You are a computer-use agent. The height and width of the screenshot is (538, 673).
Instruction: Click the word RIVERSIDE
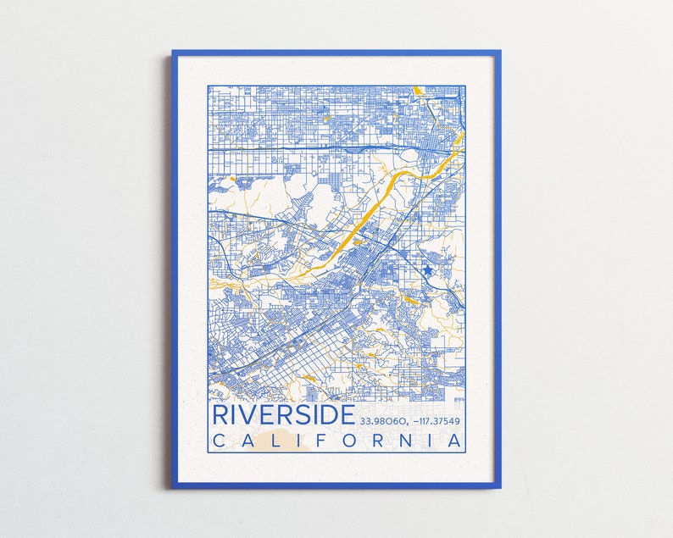(283, 415)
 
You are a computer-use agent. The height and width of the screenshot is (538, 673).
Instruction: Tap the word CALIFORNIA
(337, 441)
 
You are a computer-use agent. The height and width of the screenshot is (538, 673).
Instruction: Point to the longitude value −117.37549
(438, 420)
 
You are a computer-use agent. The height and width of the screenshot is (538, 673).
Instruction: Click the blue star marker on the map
(428, 269)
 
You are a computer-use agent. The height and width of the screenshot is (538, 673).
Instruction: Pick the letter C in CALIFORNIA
(219, 441)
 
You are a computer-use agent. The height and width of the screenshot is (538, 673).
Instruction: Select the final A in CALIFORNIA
(456, 441)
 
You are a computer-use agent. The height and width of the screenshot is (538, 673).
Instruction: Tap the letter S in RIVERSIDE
(303, 415)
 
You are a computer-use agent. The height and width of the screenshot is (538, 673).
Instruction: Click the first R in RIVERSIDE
(220, 415)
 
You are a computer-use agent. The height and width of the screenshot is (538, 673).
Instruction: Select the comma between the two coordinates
(410, 423)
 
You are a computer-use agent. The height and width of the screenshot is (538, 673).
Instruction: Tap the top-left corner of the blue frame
(174, 53)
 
